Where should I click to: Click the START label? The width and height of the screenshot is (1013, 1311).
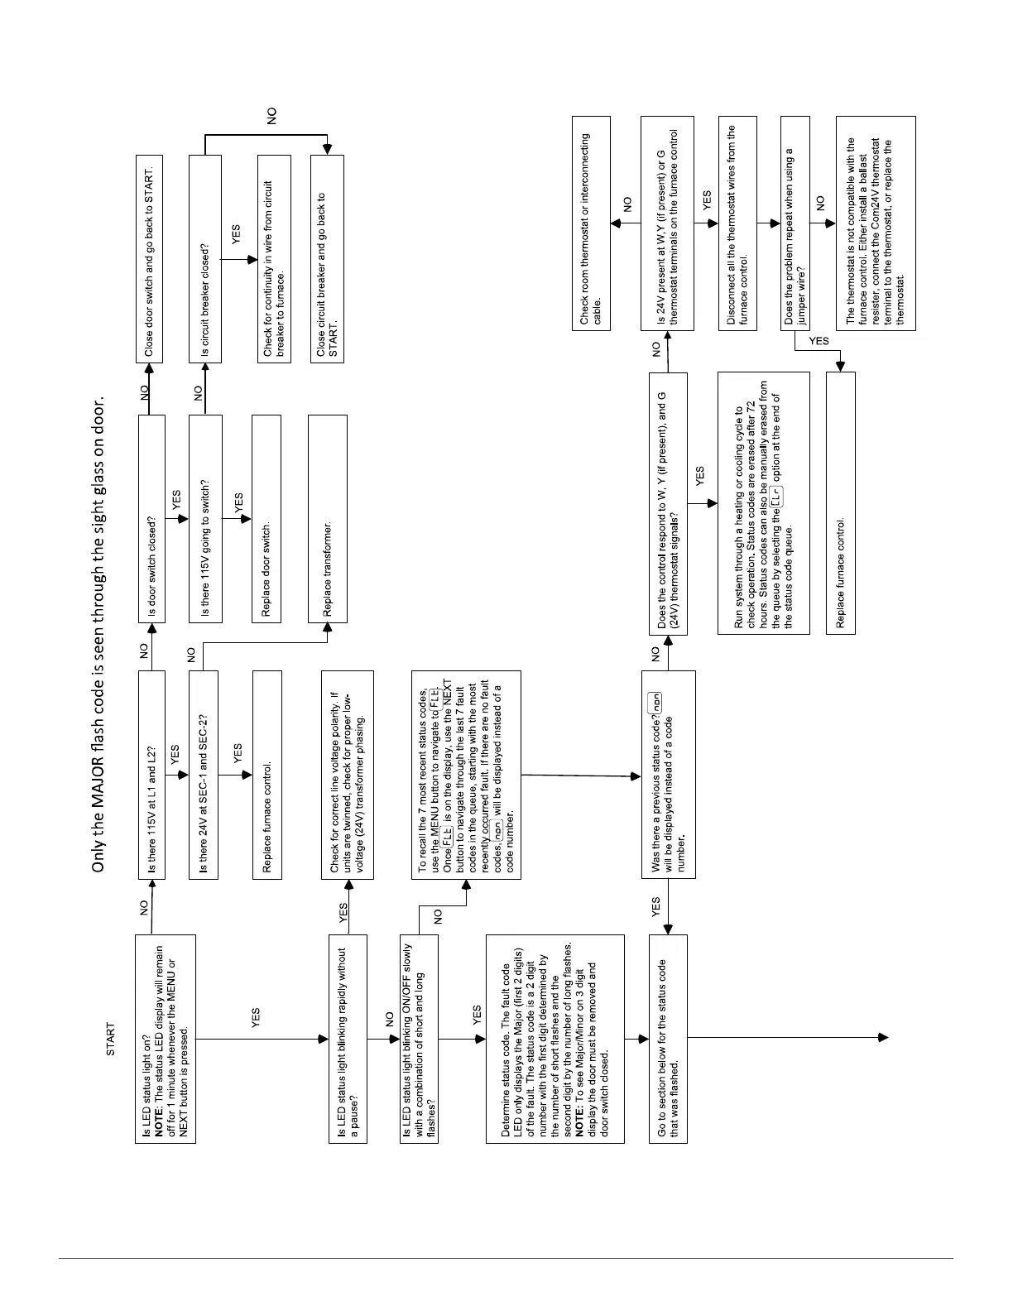pyautogui.click(x=110, y=1040)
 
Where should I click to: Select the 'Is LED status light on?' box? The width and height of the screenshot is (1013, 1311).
pyautogui.click(x=166, y=1039)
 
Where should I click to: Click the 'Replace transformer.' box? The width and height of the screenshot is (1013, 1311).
pyautogui.click(x=327, y=518)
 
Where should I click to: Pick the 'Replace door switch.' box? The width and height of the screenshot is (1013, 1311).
pyautogui.click(x=265, y=518)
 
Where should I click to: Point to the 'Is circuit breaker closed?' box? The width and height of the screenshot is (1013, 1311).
pyautogui.click(x=205, y=258)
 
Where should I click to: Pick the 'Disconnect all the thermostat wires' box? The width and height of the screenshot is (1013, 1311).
pyautogui.click(x=737, y=223)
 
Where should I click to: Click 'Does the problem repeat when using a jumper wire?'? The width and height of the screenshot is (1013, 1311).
pyautogui.click(x=795, y=223)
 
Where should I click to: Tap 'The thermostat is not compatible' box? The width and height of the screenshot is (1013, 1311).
pyautogui.click(x=876, y=223)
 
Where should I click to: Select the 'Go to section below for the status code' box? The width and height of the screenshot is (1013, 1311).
pyautogui.click(x=668, y=1039)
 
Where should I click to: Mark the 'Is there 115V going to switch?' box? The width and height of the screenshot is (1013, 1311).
pyautogui.click(x=205, y=518)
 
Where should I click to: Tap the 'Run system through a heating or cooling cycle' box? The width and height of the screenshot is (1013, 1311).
pyautogui.click(x=763, y=502)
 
